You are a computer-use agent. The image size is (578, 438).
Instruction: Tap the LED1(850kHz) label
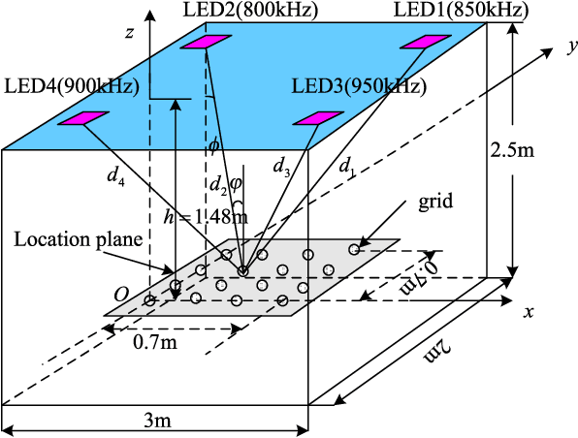(461, 11)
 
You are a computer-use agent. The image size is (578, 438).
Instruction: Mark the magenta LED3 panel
(316, 117)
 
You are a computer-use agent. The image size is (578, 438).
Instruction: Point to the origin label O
(121, 293)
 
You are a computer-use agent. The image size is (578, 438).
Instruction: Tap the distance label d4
(115, 176)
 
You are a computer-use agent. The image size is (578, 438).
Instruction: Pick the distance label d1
(345, 167)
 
